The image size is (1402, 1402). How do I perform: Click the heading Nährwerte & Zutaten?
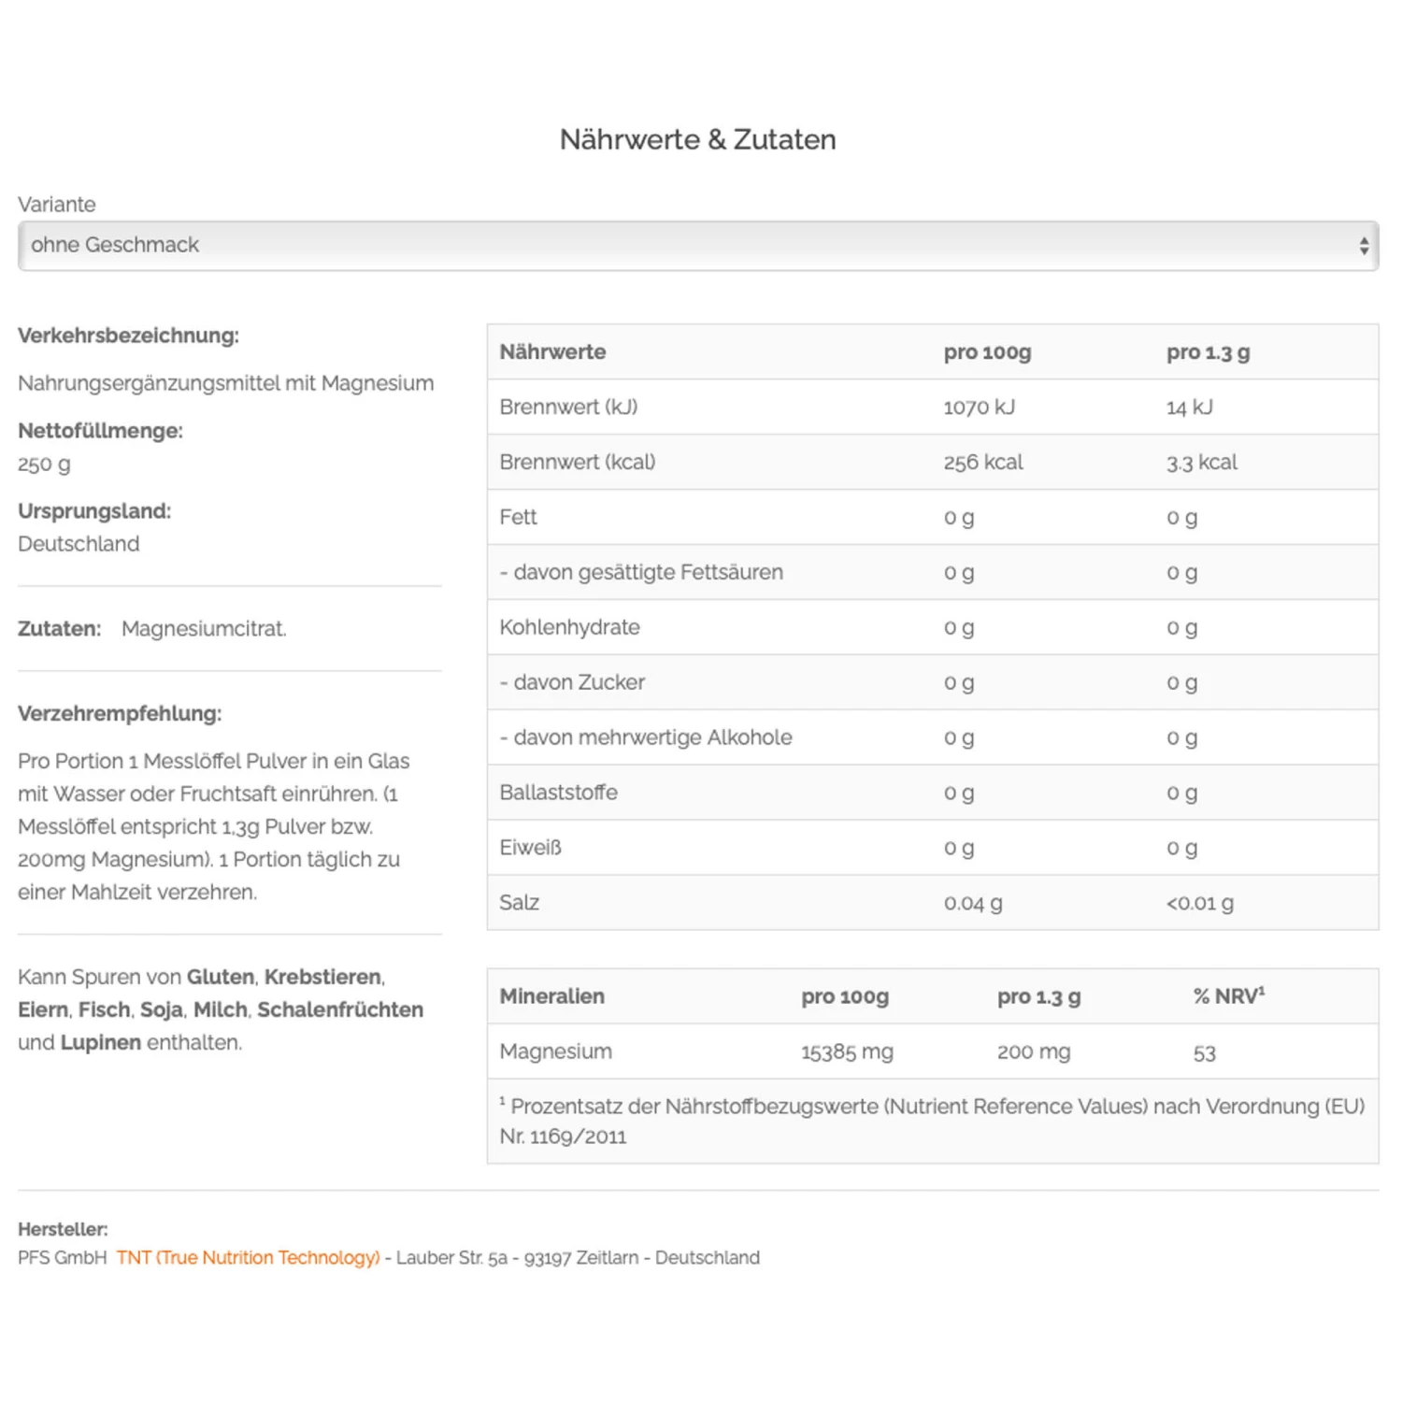pyautogui.click(x=697, y=139)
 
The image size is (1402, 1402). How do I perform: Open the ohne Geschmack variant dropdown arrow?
pyautogui.click(x=1364, y=246)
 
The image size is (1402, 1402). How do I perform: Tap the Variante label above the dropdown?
pyautogui.click(x=56, y=204)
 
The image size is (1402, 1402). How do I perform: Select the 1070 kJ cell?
pyautogui.click(x=979, y=408)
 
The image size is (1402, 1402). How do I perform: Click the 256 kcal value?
pyautogui.click(x=983, y=463)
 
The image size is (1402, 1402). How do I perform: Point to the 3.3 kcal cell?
pyautogui.click(x=1201, y=463)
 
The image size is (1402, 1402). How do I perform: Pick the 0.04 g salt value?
pyautogui.click(x=972, y=903)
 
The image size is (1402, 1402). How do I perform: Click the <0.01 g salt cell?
pyautogui.click(x=1199, y=903)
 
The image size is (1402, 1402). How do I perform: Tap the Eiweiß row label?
pyautogui.click(x=530, y=848)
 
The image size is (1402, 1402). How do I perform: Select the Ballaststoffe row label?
pyautogui.click(x=558, y=793)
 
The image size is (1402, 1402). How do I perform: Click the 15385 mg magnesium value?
pyautogui.click(x=847, y=1051)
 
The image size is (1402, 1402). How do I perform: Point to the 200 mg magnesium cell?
pyautogui.click(x=1034, y=1051)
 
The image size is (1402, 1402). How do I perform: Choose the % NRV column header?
pyautogui.click(x=1228, y=996)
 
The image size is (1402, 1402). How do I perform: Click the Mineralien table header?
pyautogui.click(x=551, y=996)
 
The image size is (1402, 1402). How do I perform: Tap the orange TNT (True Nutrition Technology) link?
pyautogui.click(x=248, y=1258)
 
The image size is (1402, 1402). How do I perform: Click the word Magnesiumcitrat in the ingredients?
pyautogui.click(x=204, y=629)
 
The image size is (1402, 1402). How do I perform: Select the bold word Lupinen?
pyautogui.click(x=100, y=1042)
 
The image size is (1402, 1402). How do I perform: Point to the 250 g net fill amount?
pyautogui.click(x=44, y=465)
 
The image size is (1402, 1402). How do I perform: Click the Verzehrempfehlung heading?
pyautogui.click(x=120, y=714)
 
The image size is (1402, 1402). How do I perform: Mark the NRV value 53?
pyautogui.click(x=1204, y=1053)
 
